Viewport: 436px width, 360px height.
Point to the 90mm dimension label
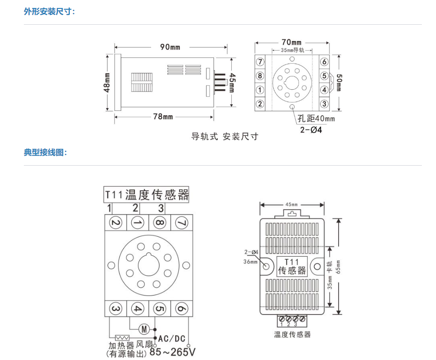[x=170, y=47]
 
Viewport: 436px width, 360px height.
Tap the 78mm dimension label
[x=163, y=117]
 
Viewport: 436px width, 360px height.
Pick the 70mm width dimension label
[x=291, y=42]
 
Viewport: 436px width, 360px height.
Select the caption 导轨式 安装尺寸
[x=224, y=136]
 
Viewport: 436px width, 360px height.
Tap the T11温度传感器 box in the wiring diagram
[x=146, y=194]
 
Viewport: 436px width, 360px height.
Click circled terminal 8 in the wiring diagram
[x=159, y=223]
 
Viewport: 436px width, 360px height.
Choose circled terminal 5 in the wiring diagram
[x=159, y=309]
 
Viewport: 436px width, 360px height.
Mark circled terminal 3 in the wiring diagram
[x=116, y=309]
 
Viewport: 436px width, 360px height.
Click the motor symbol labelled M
[x=144, y=329]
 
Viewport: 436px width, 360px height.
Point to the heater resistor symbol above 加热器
[x=122, y=338]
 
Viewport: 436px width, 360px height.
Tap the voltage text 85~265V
[x=172, y=352]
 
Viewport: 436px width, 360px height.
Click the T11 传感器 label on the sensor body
[x=291, y=266]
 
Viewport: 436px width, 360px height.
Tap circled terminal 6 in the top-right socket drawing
[x=324, y=62]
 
